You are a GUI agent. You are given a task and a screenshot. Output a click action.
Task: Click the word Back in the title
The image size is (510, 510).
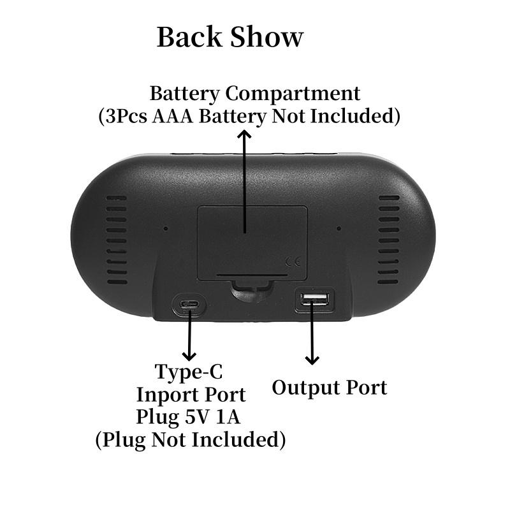[189, 37]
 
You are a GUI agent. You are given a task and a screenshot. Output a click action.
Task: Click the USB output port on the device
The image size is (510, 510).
[314, 300]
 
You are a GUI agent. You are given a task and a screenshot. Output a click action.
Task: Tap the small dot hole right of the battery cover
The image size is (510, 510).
[339, 228]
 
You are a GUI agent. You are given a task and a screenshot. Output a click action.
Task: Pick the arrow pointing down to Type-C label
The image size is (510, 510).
[189, 338]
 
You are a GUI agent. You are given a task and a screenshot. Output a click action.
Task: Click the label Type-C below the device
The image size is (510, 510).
[189, 372]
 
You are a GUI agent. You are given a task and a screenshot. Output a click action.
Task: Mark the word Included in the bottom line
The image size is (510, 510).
[238, 440]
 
